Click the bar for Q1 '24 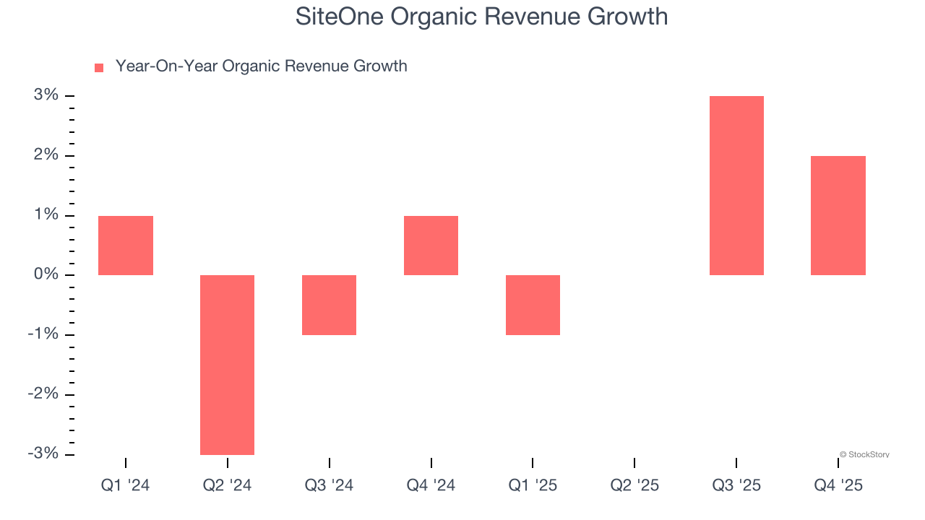[x=126, y=246]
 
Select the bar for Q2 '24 [x=227, y=365]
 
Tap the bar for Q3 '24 [x=329, y=305]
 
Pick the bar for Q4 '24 [x=431, y=246]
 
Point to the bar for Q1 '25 [x=533, y=305]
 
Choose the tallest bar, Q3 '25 [x=736, y=186]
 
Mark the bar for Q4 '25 [x=838, y=215]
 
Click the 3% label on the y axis [x=45, y=95]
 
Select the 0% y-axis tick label [x=45, y=274]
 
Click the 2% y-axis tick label [x=45, y=155]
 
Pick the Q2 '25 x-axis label [x=634, y=485]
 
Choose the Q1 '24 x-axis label [x=126, y=485]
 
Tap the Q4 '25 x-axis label [x=838, y=485]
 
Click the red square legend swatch [x=99, y=68]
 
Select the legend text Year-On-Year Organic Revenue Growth [x=261, y=66]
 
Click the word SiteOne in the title [x=337, y=17]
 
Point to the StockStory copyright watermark [x=864, y=455]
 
